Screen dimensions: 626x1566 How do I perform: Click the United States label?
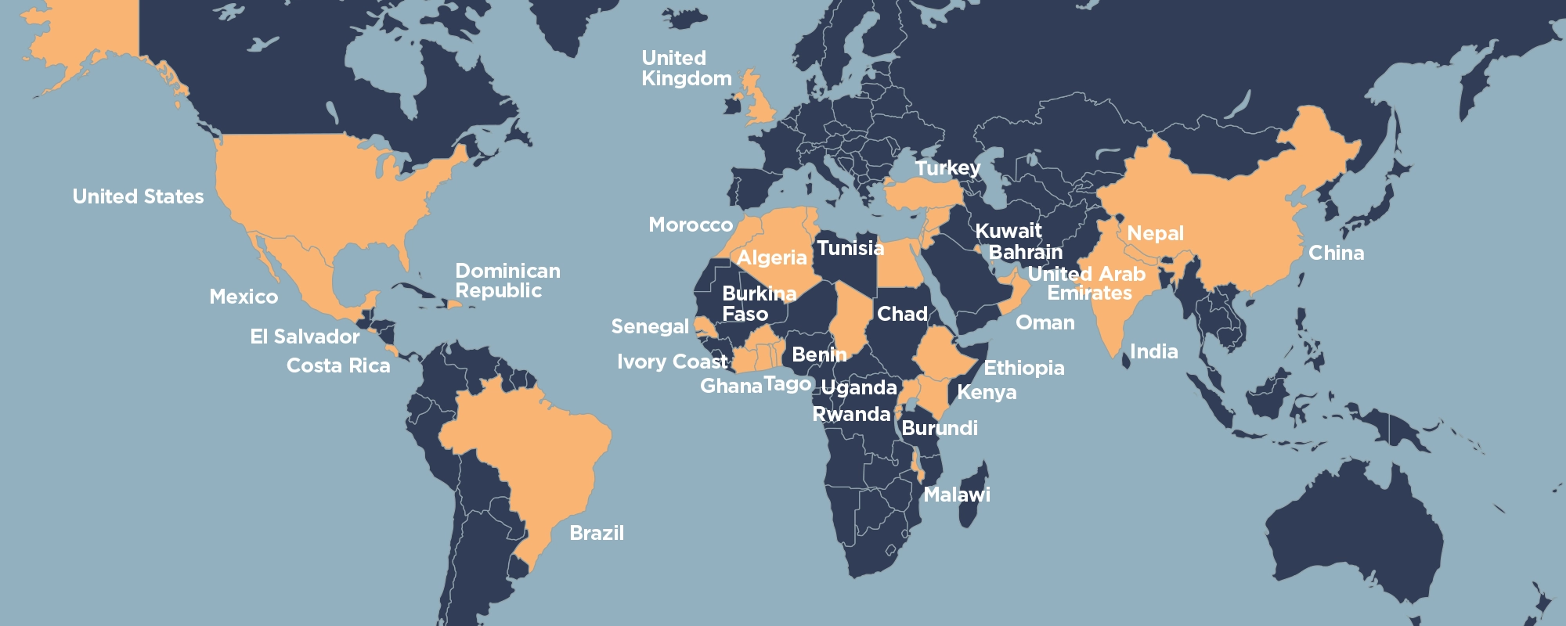tap(138, 196)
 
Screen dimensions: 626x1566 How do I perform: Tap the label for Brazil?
tap(597, 533)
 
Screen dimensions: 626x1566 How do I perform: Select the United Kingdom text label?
tap(686, 68)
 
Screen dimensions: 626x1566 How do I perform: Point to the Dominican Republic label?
tap(507, 281)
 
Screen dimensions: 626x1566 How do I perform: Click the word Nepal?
tap(1155, 233)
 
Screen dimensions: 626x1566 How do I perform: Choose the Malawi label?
tap(957, 495)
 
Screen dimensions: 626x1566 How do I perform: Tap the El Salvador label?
tap(305, 336)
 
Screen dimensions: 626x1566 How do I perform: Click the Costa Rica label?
tap(338, 365)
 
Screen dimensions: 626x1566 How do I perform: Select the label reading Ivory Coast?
tap(672, 362)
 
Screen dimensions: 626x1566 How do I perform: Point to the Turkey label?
tap(947, 167)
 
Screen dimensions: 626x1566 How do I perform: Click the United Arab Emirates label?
tap(1088, 283)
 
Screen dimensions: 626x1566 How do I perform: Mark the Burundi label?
tap(939, 428)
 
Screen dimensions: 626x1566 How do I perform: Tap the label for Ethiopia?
tap(1023, 368)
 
